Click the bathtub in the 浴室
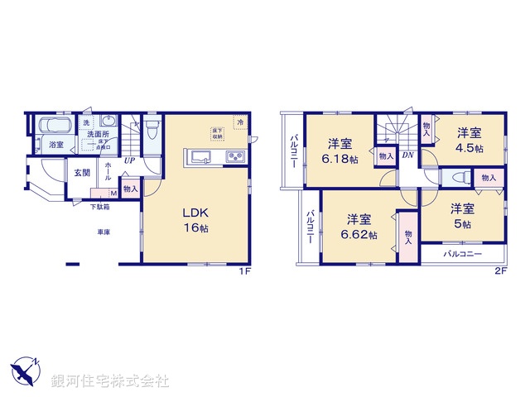(56, 127)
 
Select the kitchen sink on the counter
(202, 157)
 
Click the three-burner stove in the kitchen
(234, 157)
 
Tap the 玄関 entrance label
(81, 172)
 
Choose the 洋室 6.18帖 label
(340, 150)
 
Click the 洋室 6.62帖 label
(359, 227)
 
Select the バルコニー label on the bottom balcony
(461, 255)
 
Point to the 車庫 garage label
(102, 232)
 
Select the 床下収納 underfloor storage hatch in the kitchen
(215, 132)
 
